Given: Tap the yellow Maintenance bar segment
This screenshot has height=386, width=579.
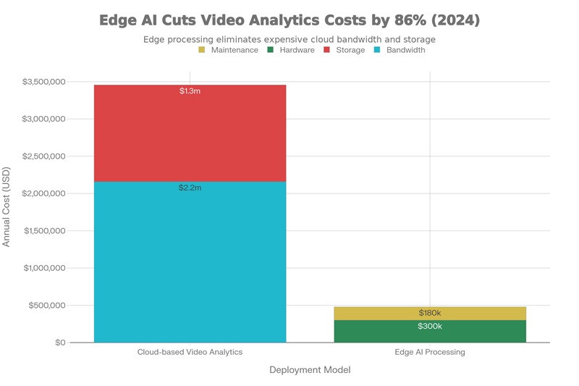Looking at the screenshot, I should coord(430,313).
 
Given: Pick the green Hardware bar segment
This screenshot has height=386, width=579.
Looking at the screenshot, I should coord(430,331).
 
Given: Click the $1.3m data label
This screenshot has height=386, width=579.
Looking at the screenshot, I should coord(190,91).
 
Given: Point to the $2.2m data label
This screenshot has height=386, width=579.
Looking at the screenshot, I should coord(190,188).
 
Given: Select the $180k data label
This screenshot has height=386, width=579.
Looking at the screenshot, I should coord(430,313).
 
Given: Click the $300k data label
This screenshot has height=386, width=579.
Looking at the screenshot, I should coord(430,326).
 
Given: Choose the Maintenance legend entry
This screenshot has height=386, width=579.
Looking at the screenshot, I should coord(229,50).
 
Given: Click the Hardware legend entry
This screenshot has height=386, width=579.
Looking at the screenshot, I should coord(291,50).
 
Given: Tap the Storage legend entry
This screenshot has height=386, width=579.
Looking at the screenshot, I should coord(345,50).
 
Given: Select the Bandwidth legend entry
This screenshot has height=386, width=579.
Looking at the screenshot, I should coord(400,50).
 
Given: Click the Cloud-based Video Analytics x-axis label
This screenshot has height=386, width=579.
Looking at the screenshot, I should coord(190,352).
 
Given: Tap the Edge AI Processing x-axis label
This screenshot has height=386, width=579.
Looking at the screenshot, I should coord(430,352).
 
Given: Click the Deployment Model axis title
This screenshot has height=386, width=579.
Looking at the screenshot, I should coord(310,370).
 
